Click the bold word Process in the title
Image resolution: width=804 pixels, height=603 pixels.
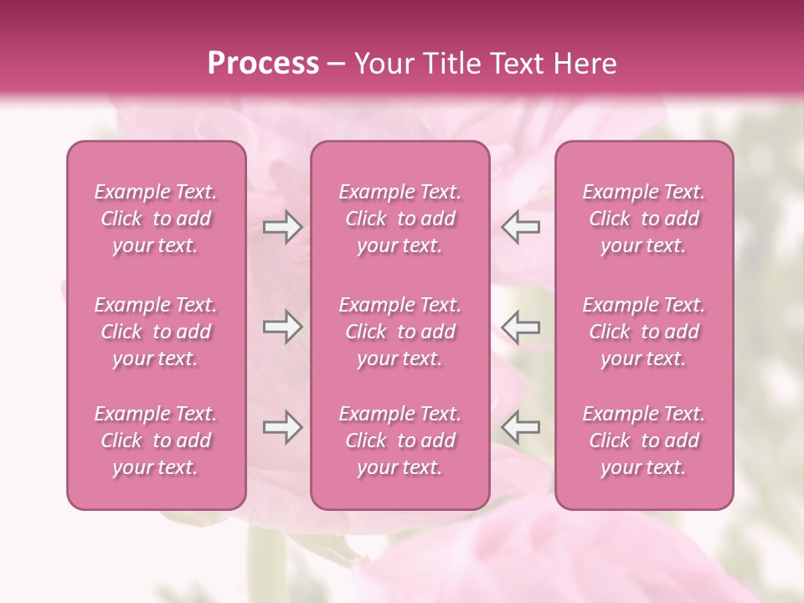[263, 64]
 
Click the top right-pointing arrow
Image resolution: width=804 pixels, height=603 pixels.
[282, 227]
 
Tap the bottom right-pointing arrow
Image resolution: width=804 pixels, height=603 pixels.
[282, 427]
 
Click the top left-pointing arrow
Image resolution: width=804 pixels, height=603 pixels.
[521, 227]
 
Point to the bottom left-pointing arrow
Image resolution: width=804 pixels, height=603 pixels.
[521, 427]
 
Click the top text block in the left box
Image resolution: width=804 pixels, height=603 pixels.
[156, 219]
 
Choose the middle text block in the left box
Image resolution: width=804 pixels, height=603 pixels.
[156, 332]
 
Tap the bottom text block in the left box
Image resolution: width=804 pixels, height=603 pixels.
[156, 441]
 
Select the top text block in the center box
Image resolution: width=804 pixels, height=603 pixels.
[399, 219]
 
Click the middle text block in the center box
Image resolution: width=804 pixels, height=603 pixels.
[399, 332]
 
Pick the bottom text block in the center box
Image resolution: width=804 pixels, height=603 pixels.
[399, 441]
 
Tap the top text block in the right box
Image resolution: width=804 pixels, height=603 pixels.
[644, 219]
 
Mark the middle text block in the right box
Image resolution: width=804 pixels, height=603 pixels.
[644, 332]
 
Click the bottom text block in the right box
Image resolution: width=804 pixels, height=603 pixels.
[644, 441]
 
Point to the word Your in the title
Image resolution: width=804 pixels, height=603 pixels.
[381, 64]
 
